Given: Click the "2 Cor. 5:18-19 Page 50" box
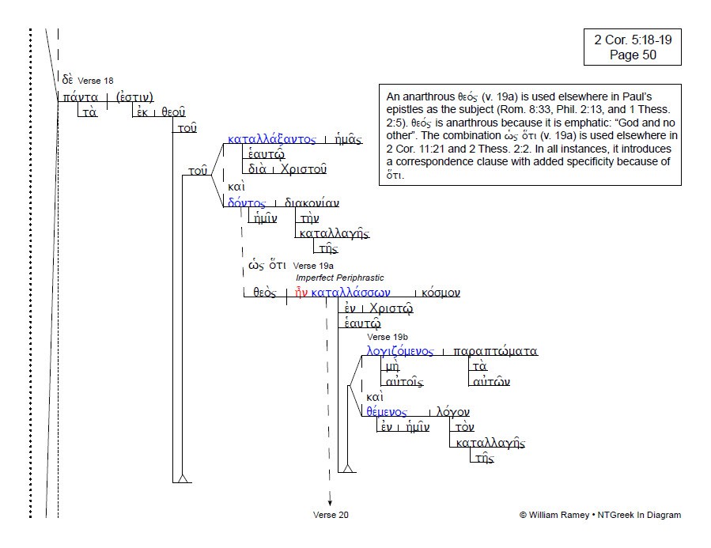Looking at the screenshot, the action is (632, 47).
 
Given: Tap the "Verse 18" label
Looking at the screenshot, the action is (95, 81).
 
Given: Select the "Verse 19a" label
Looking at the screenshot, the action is (313, 266).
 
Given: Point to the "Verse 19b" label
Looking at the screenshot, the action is (388, 337).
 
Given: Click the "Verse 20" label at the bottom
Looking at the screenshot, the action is (331, 515).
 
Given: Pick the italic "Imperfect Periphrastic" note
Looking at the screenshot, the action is (339, 278).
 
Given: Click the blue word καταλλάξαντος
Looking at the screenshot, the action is (271, 138).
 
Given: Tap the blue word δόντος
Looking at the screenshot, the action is (246, 202).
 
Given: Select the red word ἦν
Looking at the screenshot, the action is (301, 293).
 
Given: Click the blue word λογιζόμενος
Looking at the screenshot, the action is (399, 351).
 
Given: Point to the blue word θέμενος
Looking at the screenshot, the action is (386, 411).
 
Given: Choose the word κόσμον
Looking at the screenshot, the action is (441, 293).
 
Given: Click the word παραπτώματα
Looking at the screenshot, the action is (495, 351).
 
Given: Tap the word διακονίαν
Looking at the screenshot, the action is (312, 202).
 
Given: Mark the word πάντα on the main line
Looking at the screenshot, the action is (81, 97).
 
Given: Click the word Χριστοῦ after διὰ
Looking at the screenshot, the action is (304, 169).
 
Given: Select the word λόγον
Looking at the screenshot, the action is (452, 411).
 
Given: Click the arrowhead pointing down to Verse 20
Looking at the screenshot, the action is (330, 502).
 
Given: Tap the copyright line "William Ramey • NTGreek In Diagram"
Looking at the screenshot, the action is (600, 515).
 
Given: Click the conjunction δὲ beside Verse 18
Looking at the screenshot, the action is (67, 79).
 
